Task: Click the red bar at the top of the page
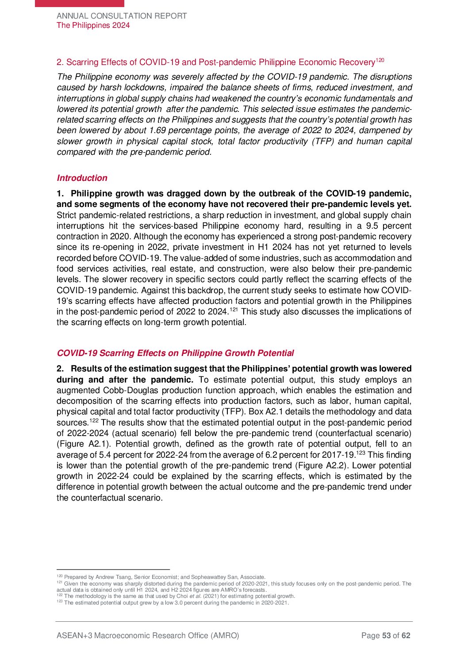click(80, 3)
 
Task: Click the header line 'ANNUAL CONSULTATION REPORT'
click(122, 16)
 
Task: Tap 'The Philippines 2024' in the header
click(93, 25)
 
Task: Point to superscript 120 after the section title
click(380, 60)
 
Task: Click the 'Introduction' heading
click(82, 178)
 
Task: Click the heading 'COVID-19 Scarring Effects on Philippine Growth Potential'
click(175, 353)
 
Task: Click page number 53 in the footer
click(386, 636)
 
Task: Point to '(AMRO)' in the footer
click(225, 636)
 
